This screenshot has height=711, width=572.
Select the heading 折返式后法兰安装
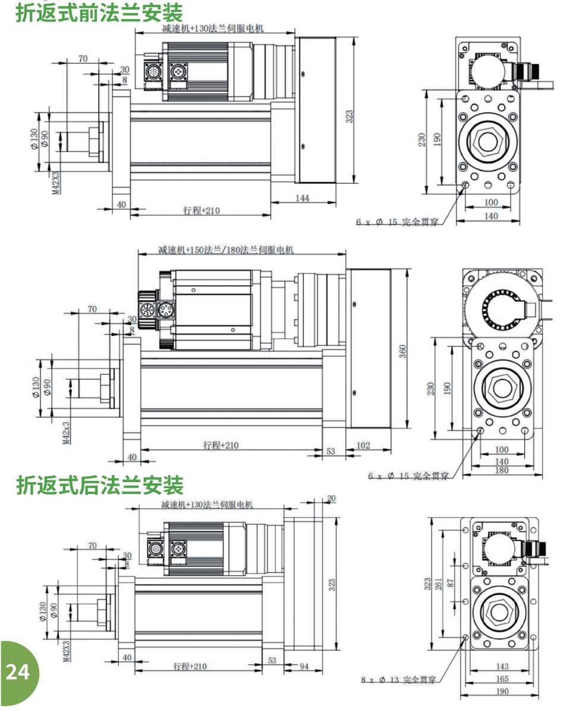click(99, 485)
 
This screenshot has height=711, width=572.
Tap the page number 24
click(17, 672)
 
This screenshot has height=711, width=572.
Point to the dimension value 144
click(302, 199)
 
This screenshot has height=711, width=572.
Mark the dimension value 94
click(303, 666)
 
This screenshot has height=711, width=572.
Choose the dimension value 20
click(331, 498)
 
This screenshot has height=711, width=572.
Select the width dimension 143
click(502, 667)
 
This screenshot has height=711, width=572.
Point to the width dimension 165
click(502, 678)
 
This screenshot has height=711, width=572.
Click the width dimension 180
click(502, 471)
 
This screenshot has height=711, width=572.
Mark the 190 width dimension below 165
click(502, 691)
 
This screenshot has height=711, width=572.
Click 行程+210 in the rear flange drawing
click(190, 666)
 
